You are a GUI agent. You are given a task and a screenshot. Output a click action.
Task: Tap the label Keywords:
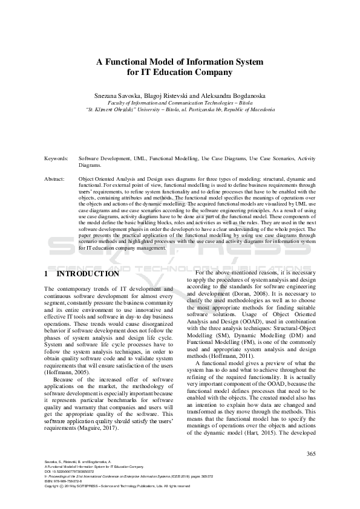pyautogui.click(x=56, y=158)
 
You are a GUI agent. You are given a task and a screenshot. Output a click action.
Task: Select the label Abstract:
pyautogui.click(x=56, y=180)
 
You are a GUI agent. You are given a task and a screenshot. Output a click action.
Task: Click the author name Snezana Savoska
pyautogui.click(x=116, y=96)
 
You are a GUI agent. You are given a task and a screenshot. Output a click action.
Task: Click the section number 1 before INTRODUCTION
pyautogui.click(x=47, y=274)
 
